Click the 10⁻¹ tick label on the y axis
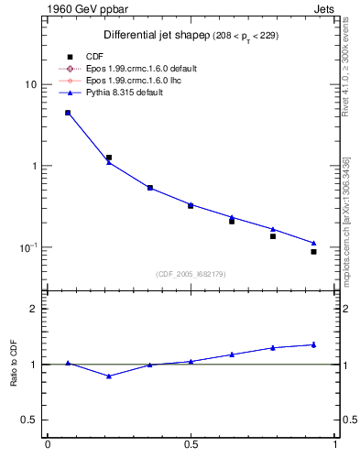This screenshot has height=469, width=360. coord(28,247)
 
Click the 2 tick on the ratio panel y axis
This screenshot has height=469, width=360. coord(34,309)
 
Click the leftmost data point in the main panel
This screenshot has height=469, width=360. coord(68,113)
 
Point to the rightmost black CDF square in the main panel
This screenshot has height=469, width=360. coord(313,251)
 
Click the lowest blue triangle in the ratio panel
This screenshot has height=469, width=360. coord(109,376)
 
